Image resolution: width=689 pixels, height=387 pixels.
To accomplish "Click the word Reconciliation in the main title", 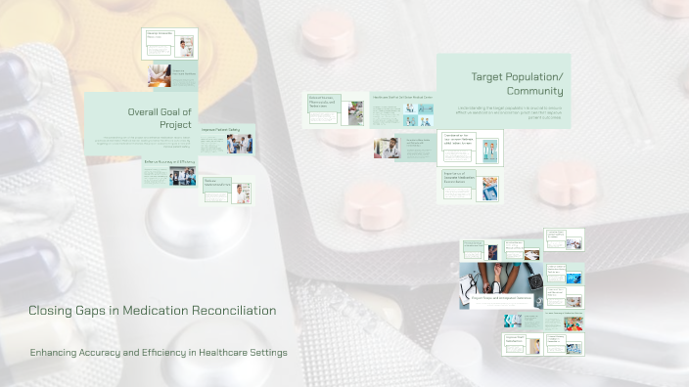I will [233, 311].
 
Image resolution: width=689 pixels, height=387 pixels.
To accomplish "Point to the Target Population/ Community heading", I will [517, 84].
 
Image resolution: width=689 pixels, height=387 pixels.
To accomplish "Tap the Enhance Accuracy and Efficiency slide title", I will [170, 161].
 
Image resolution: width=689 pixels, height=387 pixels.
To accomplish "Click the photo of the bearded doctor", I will [388, 148].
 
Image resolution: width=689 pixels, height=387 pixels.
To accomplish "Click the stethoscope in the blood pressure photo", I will [478, 283].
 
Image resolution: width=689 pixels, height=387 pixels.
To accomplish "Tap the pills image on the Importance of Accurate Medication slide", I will [488, 187].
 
